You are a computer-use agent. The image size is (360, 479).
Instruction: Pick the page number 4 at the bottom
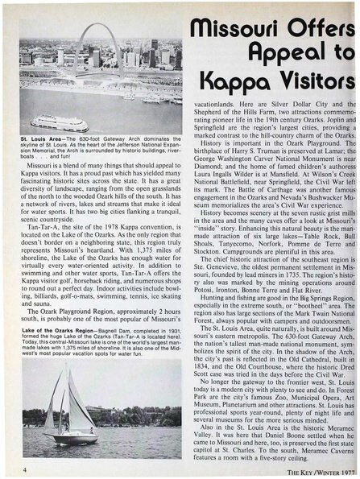tap(26, 468)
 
